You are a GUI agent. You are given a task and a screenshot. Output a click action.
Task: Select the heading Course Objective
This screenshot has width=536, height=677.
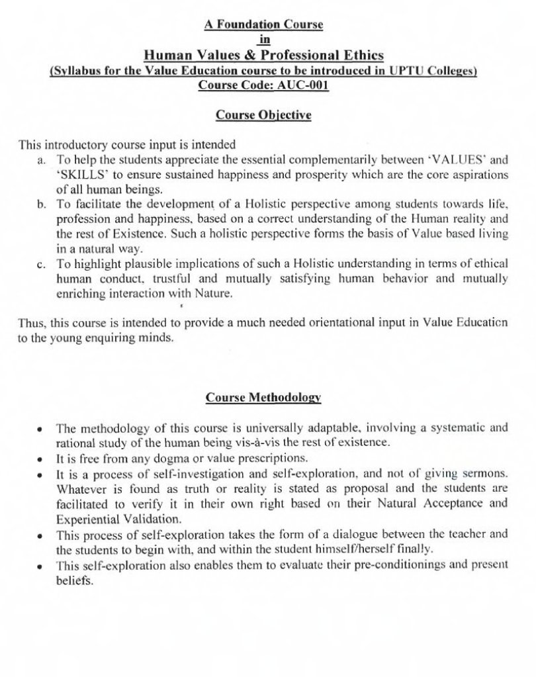(x=263, y=115)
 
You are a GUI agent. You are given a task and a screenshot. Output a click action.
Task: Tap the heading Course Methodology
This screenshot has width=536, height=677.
(x=263, y=398)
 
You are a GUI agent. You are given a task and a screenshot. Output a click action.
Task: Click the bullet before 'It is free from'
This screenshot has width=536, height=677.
(x=41, y=458)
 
